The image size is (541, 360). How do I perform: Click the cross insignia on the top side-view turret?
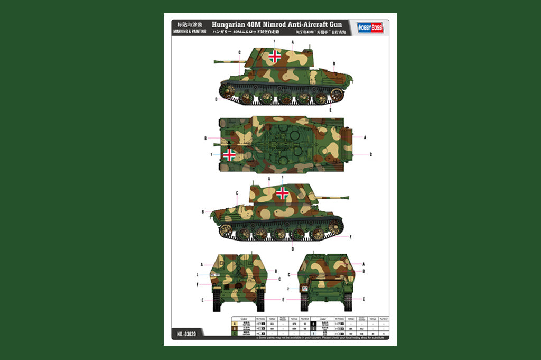[275, 57]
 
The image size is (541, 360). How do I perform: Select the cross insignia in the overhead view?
[230, 154]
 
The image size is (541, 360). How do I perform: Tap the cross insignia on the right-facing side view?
[283, 193]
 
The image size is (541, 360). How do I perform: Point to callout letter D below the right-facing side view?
[293, 248]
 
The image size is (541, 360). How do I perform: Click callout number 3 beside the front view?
[197, 275]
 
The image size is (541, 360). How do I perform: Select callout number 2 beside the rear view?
[288, 289]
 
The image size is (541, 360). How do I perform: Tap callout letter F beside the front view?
[197, 285]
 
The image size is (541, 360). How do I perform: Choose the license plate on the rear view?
[304, 289]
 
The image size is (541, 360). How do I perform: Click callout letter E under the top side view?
[330, 109]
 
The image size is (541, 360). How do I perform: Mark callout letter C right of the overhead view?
[371, 154]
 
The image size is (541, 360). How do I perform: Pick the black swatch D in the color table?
[313, 324]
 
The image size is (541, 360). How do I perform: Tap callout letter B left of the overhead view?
[206, 139]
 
